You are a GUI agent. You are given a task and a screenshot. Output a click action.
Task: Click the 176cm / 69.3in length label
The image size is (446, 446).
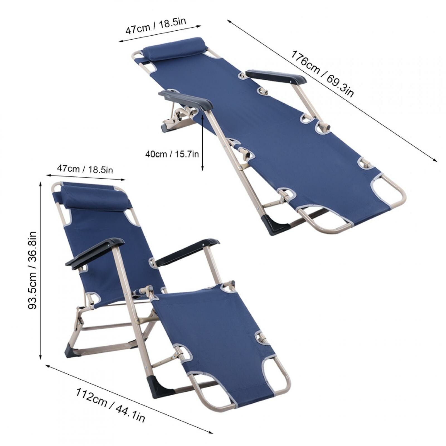click(x=322, y=74)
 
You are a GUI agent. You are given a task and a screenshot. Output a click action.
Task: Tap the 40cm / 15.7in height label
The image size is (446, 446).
click(x=172, y=154)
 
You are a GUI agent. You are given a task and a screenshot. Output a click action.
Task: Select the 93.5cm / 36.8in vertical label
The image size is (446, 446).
click(x=33, y=270)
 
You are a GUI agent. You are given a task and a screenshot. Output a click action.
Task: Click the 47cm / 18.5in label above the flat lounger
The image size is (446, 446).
click(x=155, y=26)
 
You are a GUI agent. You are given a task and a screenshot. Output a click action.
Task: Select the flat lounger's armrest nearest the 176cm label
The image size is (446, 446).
click(x=276, y=76)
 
